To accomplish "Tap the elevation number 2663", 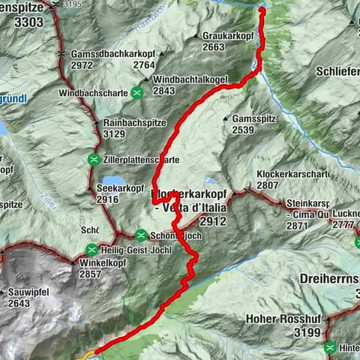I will [214, 46].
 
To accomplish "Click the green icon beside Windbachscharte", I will [137, 93].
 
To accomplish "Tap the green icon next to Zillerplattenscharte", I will [94, 159].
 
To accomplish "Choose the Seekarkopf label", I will [118, 188].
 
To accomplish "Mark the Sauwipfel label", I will [31, 292].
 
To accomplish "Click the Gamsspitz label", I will [256, 119].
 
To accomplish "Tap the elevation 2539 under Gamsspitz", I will [245, 130].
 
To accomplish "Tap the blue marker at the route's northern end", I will [262, 9].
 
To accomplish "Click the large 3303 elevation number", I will [22, 22].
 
